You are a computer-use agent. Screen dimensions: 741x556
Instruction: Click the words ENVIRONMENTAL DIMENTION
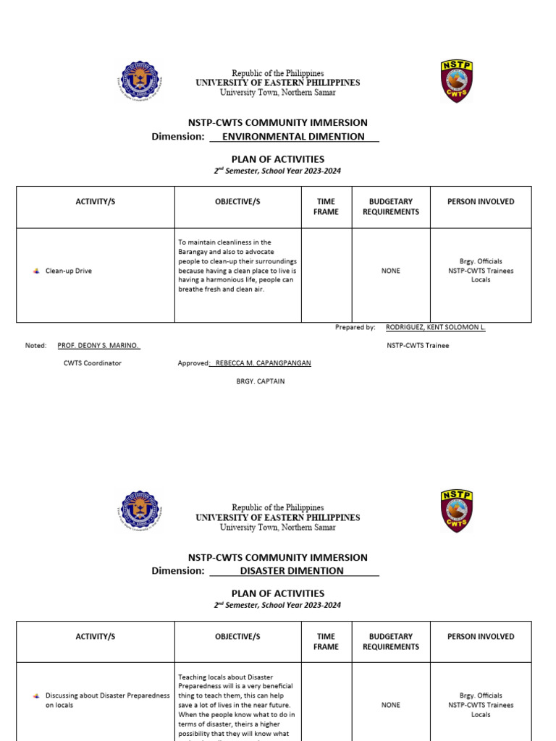tap(293, 136)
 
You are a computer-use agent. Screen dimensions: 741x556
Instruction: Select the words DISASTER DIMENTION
tap(292, 571)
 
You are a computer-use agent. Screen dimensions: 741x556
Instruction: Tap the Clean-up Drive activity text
tap(69, 271)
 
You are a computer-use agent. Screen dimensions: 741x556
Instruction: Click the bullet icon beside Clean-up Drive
tap(36, 271)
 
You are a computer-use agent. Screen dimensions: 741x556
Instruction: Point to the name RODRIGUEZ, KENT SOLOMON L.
tap(435, 327)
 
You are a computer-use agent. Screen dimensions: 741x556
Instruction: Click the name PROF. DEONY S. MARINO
tap(98, 345)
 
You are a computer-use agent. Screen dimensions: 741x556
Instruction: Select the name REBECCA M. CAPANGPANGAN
tap(263, 363)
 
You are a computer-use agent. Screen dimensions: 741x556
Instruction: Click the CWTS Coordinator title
tap(93, 363)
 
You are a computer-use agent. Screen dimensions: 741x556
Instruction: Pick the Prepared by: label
tap(355, 327)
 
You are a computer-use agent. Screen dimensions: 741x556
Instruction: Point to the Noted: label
tap(36, 345)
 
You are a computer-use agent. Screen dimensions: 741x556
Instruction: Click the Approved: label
tap(193, 363)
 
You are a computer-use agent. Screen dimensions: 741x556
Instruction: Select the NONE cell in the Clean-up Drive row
tap(391, 271)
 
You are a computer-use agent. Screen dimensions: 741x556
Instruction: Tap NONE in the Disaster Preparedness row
tap(391, 704)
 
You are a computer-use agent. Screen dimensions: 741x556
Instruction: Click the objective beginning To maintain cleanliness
tap(237, 266)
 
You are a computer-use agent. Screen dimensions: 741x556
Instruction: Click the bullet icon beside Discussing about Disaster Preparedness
tap(36, 695)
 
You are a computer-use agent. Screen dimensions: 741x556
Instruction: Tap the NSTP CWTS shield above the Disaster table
tap(456, 512)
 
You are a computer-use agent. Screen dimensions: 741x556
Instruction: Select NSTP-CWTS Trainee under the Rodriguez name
tap(418, 345)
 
